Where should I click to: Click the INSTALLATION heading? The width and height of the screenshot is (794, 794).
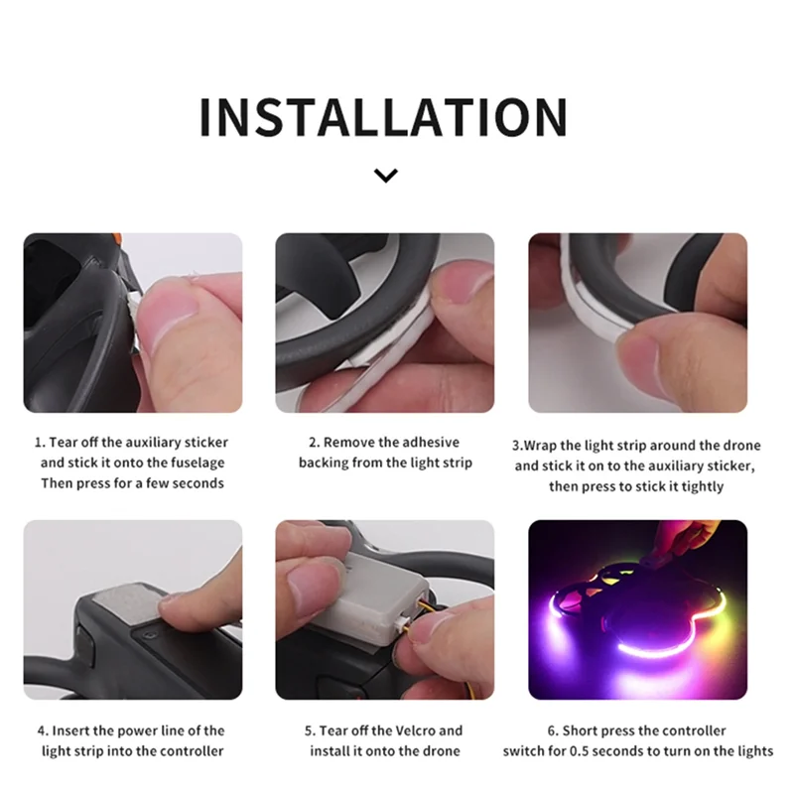click(x=383, y=117)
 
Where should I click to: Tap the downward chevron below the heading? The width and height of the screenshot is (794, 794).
click(x=386, y=176)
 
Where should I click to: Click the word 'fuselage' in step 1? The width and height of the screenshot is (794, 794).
click(x=197, y=463)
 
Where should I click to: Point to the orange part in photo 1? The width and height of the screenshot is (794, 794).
click(x=116, y=242)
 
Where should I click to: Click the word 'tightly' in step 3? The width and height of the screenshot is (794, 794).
click(x=700, y=486)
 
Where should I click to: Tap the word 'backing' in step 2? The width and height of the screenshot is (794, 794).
click(x=324, y=463)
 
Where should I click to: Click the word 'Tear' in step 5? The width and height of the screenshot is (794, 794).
click(x=337, y=730)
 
